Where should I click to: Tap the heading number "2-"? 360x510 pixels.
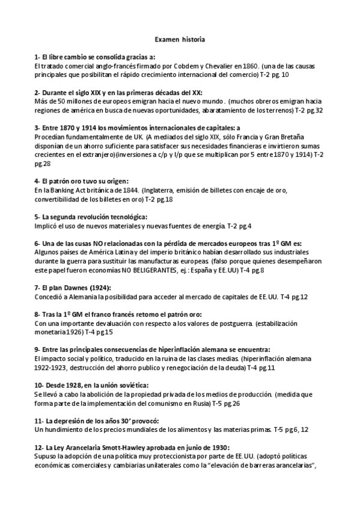pos(38,93)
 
